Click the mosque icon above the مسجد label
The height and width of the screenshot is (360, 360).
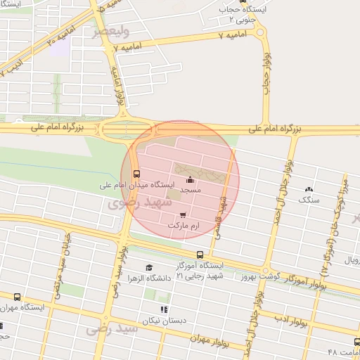coord(190,181)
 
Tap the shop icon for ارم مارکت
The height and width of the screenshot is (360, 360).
coord(184,214)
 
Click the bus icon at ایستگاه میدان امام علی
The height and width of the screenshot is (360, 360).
coord(136,174)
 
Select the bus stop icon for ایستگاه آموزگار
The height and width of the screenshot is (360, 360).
coord(200,255)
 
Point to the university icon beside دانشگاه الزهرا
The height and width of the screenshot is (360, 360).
coord(149,267)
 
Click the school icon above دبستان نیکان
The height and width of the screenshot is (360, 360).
coord(164,309)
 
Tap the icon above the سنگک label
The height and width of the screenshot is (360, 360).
coord(309,189)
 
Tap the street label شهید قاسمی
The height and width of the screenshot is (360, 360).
coord(222,214)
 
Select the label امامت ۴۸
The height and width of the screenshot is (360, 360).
coord(343,352)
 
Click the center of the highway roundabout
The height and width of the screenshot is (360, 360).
coord(116,129)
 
